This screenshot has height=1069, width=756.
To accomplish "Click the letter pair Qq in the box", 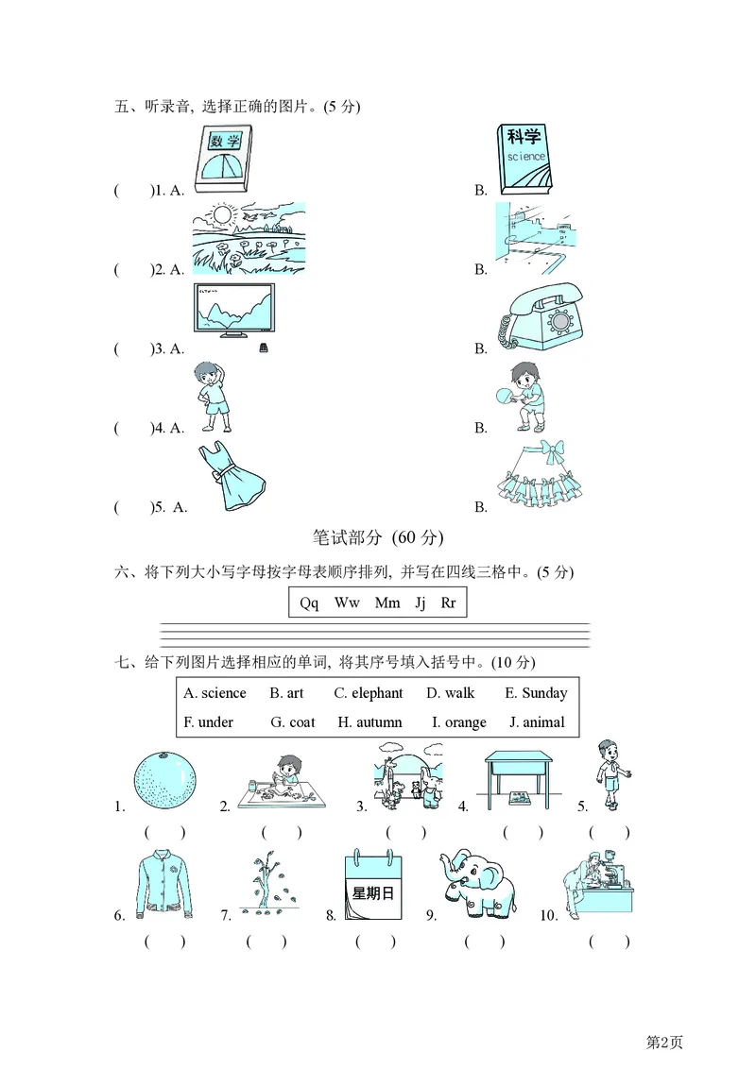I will click(309, 602).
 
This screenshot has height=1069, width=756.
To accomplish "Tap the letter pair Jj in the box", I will click(421, 602).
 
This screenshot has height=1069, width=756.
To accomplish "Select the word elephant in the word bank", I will click(369, 693).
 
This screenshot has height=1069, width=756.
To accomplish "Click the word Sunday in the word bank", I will click(536, 693).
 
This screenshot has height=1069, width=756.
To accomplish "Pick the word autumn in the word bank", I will click(369, 722).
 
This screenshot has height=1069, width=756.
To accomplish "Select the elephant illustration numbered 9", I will click(477, 886).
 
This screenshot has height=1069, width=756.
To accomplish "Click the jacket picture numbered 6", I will click(164, 885).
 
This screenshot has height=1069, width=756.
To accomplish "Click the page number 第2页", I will click(663, 1042).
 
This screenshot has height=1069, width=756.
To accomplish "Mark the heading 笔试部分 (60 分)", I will click(377, 538).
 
